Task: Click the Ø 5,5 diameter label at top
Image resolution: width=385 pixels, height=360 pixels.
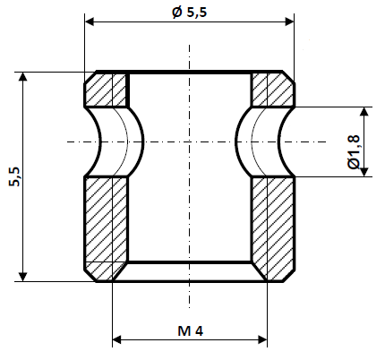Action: click(190, 12)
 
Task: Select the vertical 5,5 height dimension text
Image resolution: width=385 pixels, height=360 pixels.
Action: click(13, 176)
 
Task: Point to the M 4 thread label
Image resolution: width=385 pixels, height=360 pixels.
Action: click(190, 330)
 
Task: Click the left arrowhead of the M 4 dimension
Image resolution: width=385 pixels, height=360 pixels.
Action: click(117, 339)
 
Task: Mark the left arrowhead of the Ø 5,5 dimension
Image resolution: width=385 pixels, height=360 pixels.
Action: click(89, 20)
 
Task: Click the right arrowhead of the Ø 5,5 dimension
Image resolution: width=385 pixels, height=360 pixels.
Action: click(290, 20)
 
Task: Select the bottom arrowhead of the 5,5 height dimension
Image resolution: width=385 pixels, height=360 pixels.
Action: click(22, 275)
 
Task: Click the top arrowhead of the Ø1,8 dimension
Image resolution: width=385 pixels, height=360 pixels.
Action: click(364, 113)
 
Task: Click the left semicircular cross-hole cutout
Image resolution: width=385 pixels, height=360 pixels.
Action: click(115, 141)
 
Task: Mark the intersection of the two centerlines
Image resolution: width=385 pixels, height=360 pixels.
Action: click(189, 141)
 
